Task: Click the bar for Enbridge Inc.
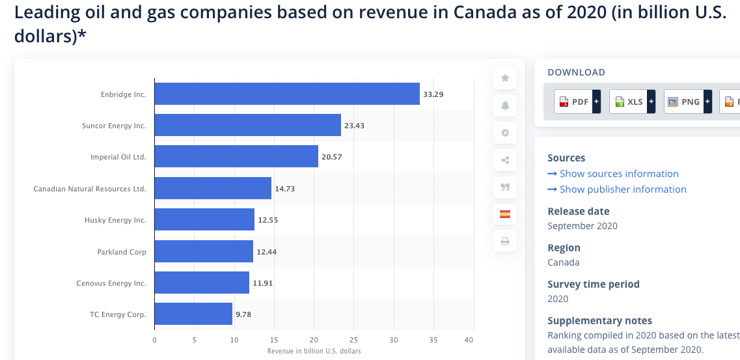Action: [x=287, y=94]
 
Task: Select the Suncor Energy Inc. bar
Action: [x=247, y=125]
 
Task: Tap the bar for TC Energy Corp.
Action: [x=193, y=314]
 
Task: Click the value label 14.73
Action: [x=285, y=188]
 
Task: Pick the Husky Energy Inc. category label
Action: [x=115, y=220]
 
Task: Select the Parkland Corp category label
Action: [x=122, y=251]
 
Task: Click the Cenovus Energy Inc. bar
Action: [x=202, y=283]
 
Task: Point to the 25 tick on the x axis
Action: [x=353, y=340]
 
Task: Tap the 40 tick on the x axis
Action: [x=469, y=340]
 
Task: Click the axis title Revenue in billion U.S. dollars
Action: [x=314, y=351]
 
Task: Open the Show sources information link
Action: [x=618, y=174]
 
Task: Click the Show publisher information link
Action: [x=622, y=189]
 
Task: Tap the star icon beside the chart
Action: [x=505, y=78]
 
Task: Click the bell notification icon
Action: [x=505, y=105]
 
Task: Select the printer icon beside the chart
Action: [x=505, y=241]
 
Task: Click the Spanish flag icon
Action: [x=505, y=214]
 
